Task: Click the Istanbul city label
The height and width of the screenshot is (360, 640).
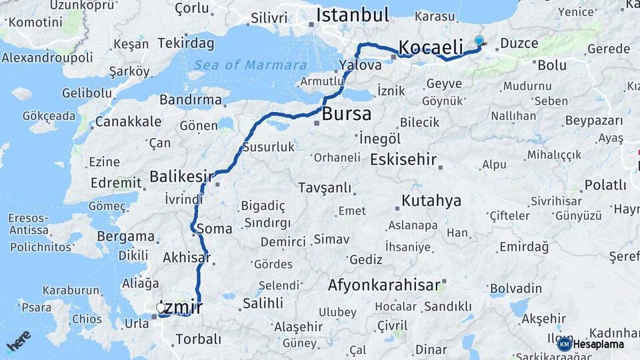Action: coord(353,15)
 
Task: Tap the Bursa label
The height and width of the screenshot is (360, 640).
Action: coord(346,114)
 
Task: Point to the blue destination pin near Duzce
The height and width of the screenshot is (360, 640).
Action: coord(479,41)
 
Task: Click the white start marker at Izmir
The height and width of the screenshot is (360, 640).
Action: coord(161,307)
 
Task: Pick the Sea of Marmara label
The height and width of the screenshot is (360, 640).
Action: coord(251,65)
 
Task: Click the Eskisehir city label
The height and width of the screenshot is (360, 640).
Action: coord(403,160)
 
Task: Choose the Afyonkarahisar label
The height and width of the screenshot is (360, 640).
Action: coord(384,285)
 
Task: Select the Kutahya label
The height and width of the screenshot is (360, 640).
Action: coord(431,201)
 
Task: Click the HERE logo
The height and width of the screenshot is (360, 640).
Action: coord(18,340)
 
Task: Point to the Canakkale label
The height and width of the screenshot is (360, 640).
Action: coord(128,121)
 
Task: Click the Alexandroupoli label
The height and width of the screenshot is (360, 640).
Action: coord(47,58)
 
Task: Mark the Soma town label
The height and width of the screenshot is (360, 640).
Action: coord(215,229)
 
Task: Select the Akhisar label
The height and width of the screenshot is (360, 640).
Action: coord(186,258)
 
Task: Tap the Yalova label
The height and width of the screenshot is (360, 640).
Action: coord(360,65)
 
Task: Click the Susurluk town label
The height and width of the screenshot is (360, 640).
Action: coord(268,147)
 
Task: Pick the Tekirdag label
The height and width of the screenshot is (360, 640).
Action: coord(186,44)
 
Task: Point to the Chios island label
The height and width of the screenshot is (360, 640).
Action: coord(87,319)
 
